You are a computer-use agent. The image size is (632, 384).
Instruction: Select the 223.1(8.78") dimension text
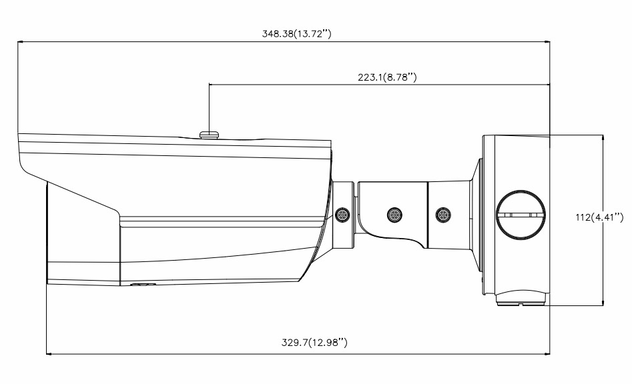(387, 77)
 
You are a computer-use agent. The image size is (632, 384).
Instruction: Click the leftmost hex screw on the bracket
(343, 215)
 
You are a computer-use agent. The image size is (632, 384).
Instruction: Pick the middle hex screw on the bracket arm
(393, 215)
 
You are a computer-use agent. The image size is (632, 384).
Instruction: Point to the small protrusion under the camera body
(141, 285)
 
